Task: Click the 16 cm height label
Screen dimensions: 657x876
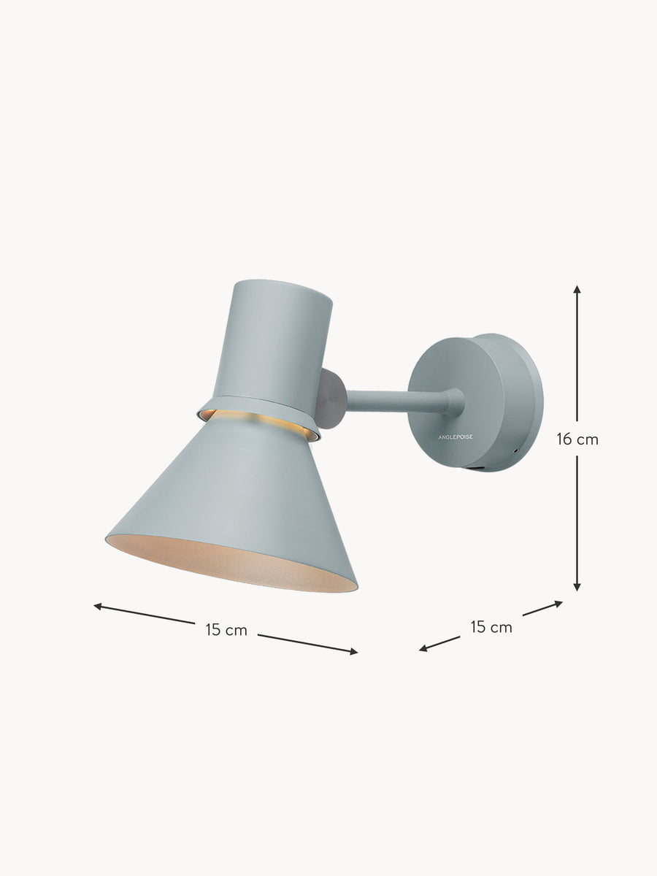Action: (x=577, y=439)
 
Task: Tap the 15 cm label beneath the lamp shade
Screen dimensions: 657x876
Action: (x=226, y=630)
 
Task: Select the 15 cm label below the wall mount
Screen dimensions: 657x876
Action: (x=491, y=627)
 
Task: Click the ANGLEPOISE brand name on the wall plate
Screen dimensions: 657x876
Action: (x=456, y=437)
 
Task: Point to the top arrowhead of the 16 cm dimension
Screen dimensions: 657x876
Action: (x=577, y=289)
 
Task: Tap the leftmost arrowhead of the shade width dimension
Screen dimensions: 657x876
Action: (x=98, y=606)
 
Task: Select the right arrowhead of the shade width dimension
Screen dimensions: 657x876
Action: (x=353, y=652)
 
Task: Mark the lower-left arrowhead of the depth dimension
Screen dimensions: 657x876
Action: (x=423, y=649)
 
